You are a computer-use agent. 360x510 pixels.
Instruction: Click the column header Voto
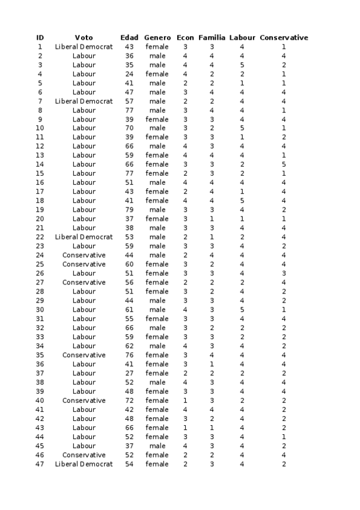pyautogui.click(x=84, y=37)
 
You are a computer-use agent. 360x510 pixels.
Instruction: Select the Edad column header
pyautogui.click(x=129, y=37)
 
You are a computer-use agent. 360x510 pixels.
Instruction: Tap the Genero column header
pyautogui.click(x=157, y=37)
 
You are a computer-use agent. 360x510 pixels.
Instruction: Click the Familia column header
pyautogui.click(x=212, y=37)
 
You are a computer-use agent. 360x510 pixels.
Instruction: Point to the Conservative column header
pyautogui.click(x=284, y=37)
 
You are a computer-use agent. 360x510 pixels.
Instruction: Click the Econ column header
pyautogui.click(x=185, y=37)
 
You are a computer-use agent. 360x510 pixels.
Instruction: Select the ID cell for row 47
pyautogui.click(x=40, y=464)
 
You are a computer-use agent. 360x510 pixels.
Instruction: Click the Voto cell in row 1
pyautogui.click(x=84, y=46)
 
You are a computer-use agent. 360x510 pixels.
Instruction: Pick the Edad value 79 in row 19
pyautogui.click(x=129, y=210)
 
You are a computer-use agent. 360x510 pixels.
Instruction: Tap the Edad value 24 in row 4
pyautogui.click(x=129, y=74)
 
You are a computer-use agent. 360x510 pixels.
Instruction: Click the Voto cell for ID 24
pyautogui.click(x=84, y=255)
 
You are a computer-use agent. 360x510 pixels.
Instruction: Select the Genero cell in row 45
pyautogui.click(x=157, y=446)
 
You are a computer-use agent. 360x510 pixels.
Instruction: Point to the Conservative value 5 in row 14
pyautogui.click(x=283, y=164)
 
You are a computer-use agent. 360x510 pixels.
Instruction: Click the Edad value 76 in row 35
pyautogui.click(x=129, y=355)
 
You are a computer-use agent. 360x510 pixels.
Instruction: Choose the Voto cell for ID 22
pyautogui.click(x=84, y=237)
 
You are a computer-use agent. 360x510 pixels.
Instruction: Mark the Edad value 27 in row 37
pyautogui.click(x=129, y=373)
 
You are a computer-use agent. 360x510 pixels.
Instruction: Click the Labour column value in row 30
pyautogui.click(x=242, y=310)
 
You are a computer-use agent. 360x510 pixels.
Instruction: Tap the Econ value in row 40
pyautogui.click(x=185, y=401)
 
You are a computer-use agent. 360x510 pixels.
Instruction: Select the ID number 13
pyautogui.click(x=40, y=155)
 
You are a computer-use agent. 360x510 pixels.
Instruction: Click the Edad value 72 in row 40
pyautogui.click(x=129, y=401)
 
